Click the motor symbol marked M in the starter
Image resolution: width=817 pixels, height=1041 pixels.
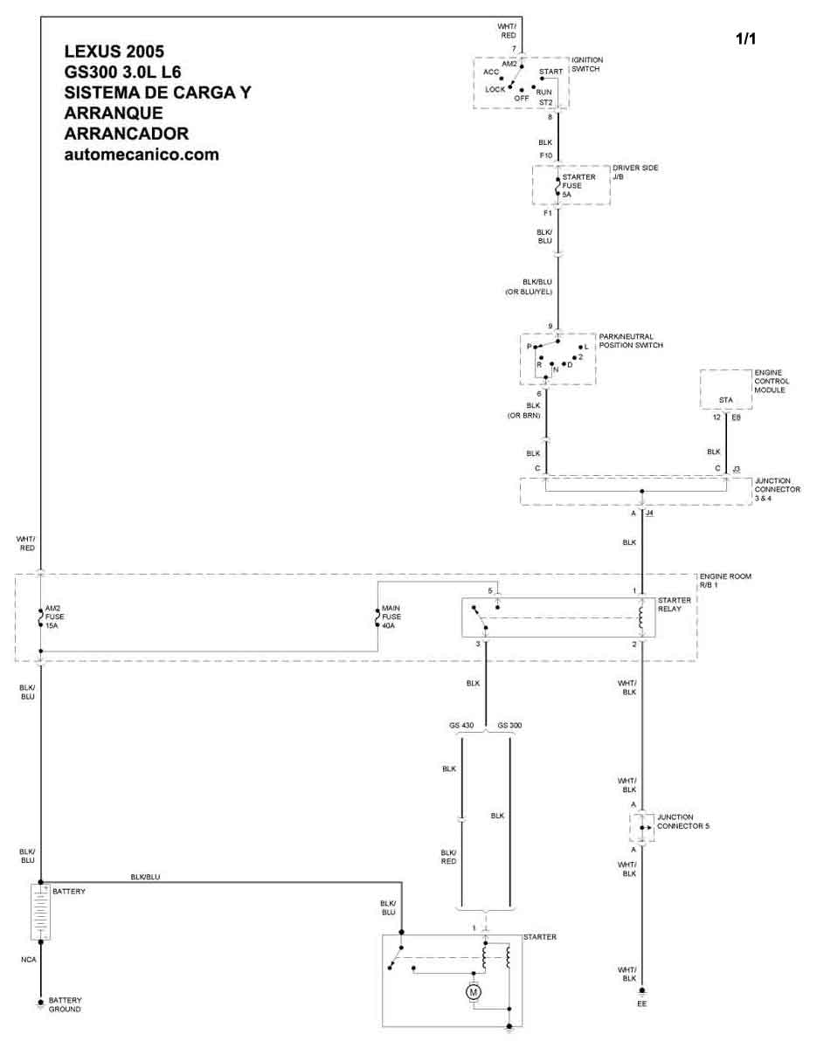click(x=474, y=993)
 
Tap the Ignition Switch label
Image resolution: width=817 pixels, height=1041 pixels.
click(x=587, y=65)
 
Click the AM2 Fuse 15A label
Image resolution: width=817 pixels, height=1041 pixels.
click(x=54, y=617)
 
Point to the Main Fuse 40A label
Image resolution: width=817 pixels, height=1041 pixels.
click(x=391, y=617)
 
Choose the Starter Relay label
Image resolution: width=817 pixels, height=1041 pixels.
click(x=675, y=604)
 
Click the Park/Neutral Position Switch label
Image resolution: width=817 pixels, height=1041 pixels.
click(x=631, y=341)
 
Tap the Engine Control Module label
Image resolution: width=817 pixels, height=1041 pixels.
click(x=772, y=381)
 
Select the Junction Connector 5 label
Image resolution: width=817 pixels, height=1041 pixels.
click(x=682, y=822)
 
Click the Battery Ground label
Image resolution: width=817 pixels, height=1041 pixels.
click(x=65, y=1004)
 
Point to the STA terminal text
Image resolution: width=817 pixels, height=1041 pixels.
click(x=726, y=400)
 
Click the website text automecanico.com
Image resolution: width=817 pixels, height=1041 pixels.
click(x=142, y=155)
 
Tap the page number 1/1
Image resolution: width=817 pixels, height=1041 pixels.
click(x=746, y=39)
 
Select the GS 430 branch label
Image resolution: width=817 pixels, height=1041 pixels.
click(x=461, y=725)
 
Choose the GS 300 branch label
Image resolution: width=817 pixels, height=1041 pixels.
click(x=509, y=725)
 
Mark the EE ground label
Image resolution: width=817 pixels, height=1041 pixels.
click(x=641, y=1003)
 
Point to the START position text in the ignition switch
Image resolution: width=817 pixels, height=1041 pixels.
click(x=550, y=72)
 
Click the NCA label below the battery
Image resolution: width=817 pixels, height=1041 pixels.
click(x=29, y=960)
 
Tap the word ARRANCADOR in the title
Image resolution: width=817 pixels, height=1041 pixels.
click(x=126, y=134)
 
